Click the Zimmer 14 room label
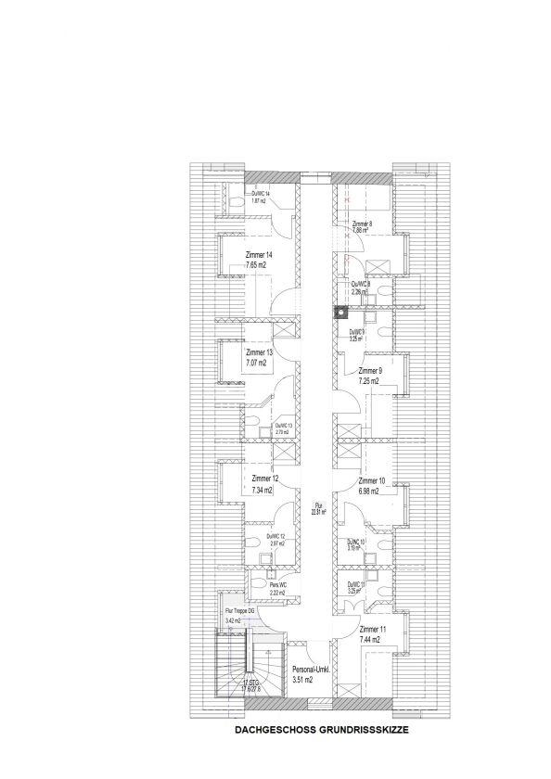259,255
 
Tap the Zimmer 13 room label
259,353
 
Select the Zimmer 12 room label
265,479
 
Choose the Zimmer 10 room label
372,481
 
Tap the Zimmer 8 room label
363,224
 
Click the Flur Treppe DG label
239,611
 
